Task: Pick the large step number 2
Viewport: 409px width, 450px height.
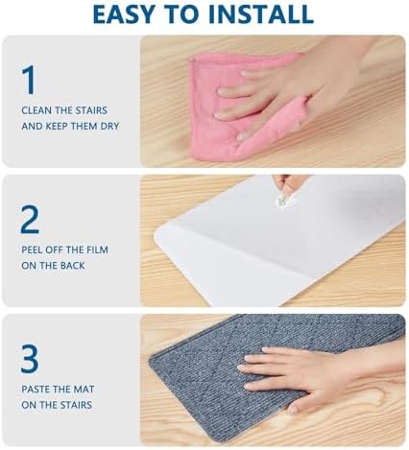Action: [x=30, y=220]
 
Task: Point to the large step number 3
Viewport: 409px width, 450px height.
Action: [x=30, y=359]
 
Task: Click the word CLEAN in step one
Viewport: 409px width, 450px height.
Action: [x=36, y=109]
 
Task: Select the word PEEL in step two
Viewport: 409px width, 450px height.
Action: [x=33, y=249]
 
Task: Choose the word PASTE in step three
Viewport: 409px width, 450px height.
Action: [x=36, y=390]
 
